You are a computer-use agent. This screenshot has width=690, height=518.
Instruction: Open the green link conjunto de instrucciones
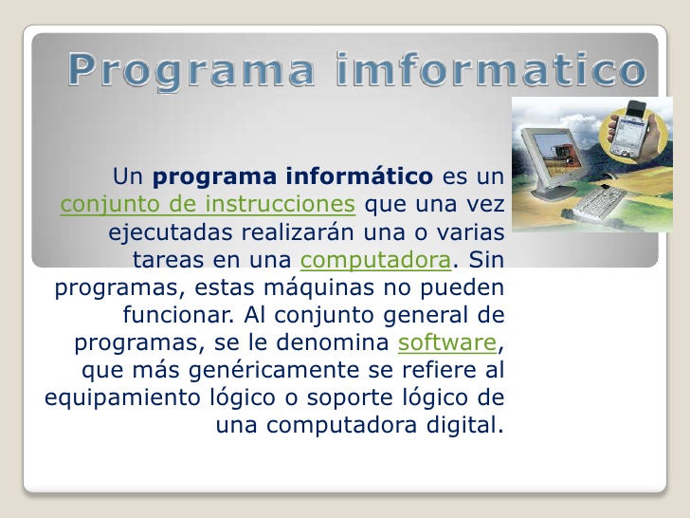pyautogui.click(x=208, y=204)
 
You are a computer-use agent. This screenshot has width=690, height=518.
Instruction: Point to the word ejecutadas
pyautogui.click(x=157, y=231)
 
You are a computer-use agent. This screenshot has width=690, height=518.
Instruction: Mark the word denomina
pyautogui.click(x=346, y=342)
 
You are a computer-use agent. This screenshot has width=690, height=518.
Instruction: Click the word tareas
pyautogui.click(x=166, y=259)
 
